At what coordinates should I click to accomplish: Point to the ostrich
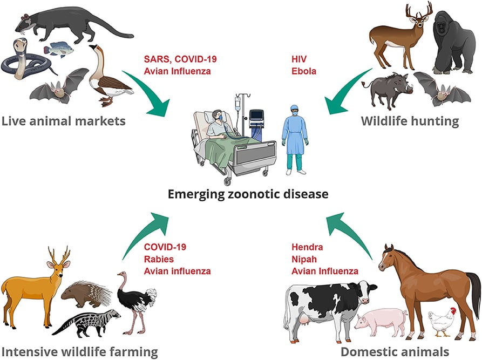(x=135, y=302)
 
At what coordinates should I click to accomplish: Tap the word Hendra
(x=307, y=247)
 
